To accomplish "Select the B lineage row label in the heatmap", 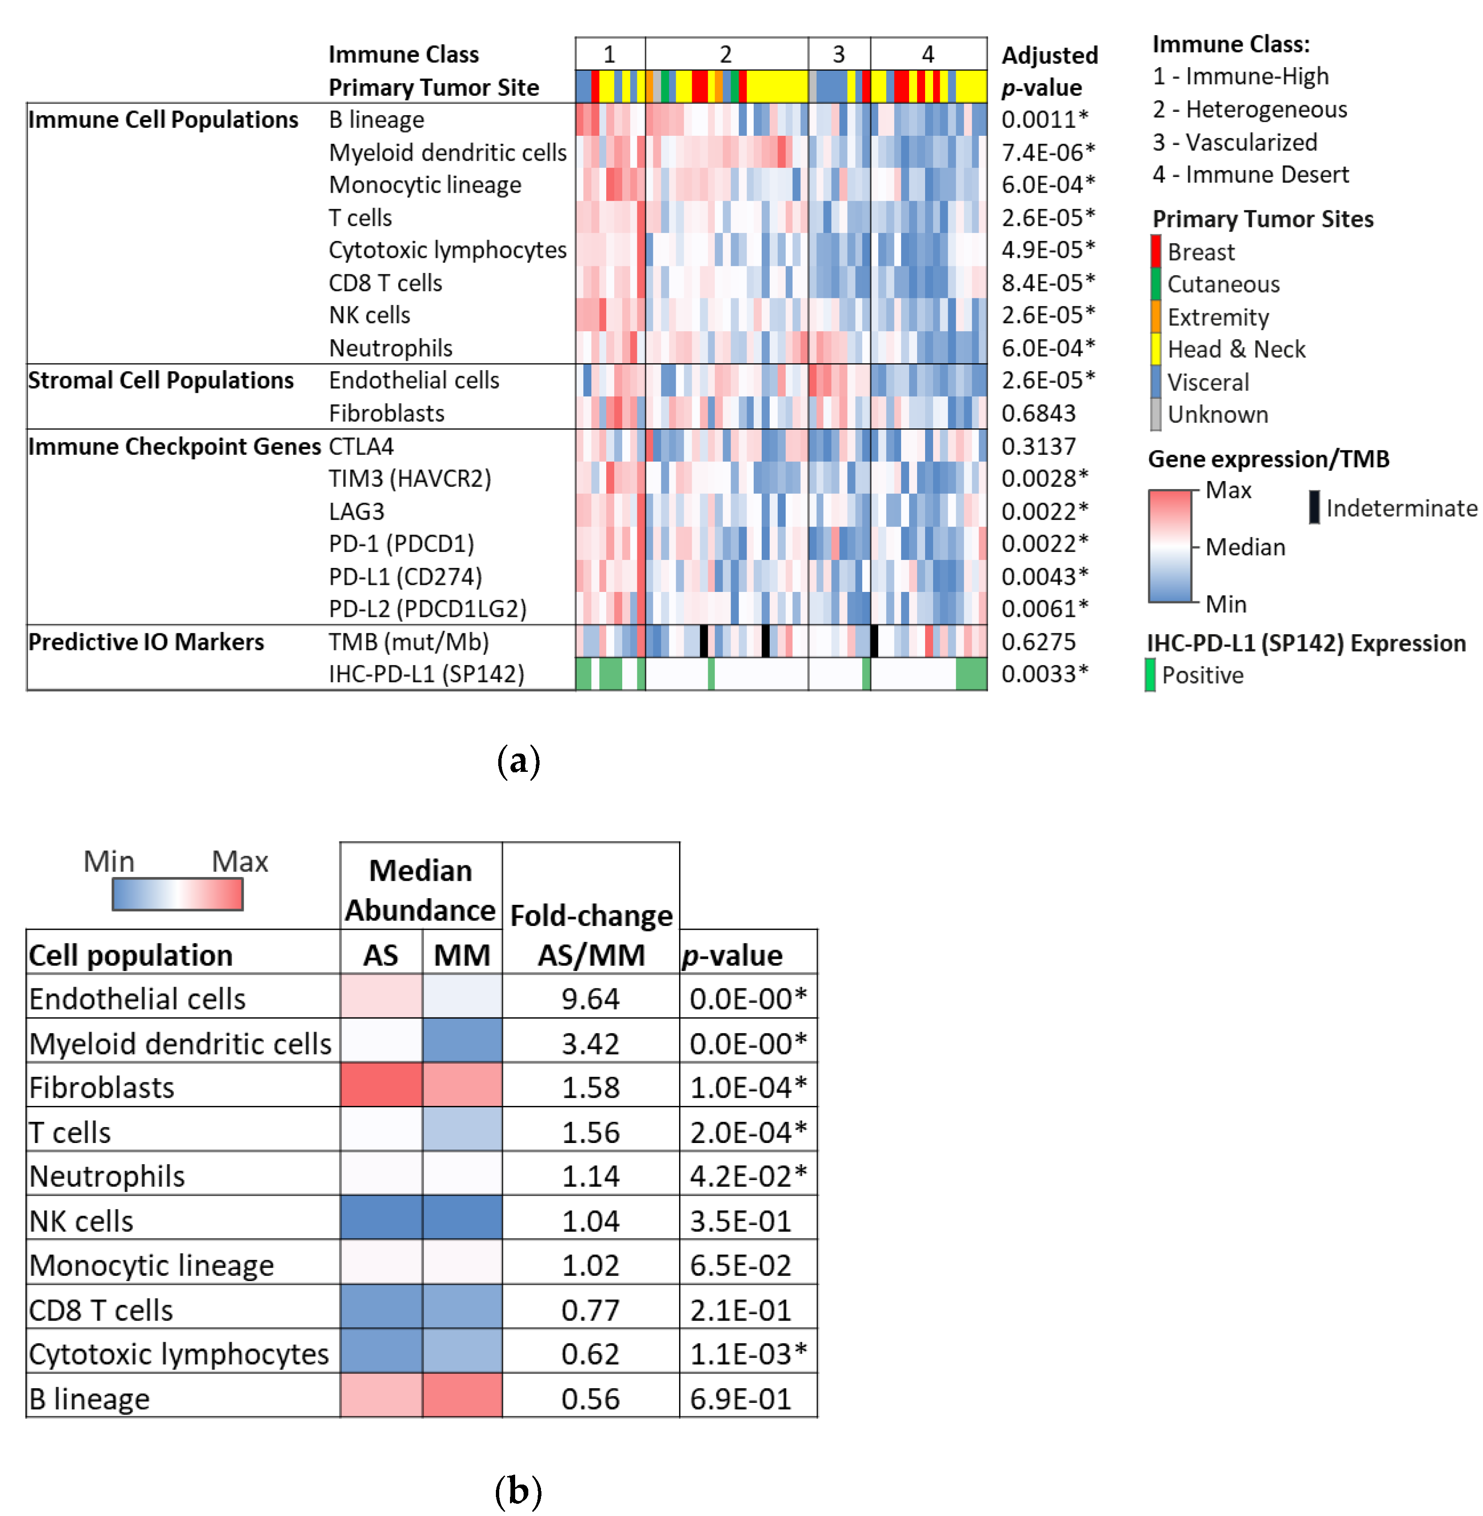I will coord(376,120).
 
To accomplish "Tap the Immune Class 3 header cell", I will coord(838,54).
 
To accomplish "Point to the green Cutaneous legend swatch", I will coord(1156,284).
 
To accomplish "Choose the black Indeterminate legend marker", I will coord(1314,508).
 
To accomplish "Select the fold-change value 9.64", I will coord(590,999).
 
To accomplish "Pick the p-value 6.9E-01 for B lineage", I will coord(740,1399).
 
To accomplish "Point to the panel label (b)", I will coord(518,1491).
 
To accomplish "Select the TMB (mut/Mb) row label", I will coord(408,642).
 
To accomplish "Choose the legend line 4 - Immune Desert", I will coord(1250,174).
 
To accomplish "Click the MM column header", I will coord(462,955).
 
